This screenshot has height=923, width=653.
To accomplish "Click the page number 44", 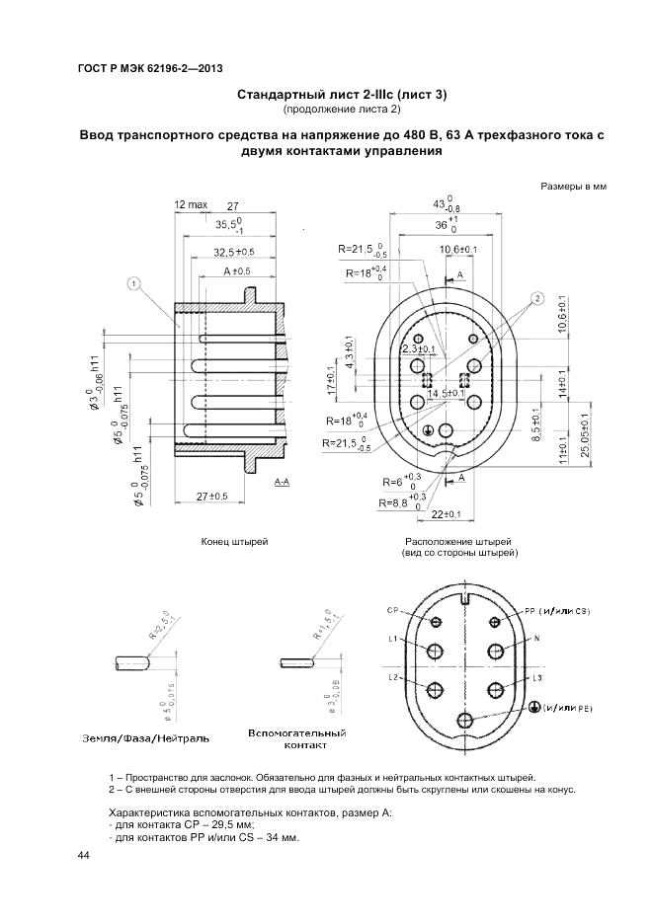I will click(83, 855).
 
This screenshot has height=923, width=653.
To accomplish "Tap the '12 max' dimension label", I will click(191, 205).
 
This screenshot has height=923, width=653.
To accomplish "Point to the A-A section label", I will click(282, 484).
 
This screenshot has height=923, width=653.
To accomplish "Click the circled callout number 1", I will click(134, 283).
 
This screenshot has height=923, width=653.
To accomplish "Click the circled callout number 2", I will click(536, 297).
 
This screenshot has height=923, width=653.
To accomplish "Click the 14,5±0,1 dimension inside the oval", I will click(446, 394).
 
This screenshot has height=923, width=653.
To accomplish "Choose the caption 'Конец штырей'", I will click(235, 542).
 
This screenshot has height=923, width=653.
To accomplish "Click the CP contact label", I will click(393, 611).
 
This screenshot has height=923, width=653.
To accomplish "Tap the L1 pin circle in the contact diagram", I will click(433, 651).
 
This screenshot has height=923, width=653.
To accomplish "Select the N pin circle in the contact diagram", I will click(493, 651).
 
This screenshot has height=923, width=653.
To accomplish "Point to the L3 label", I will click(537, 678).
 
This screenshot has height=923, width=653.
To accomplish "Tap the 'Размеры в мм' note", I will click(573, 186).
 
